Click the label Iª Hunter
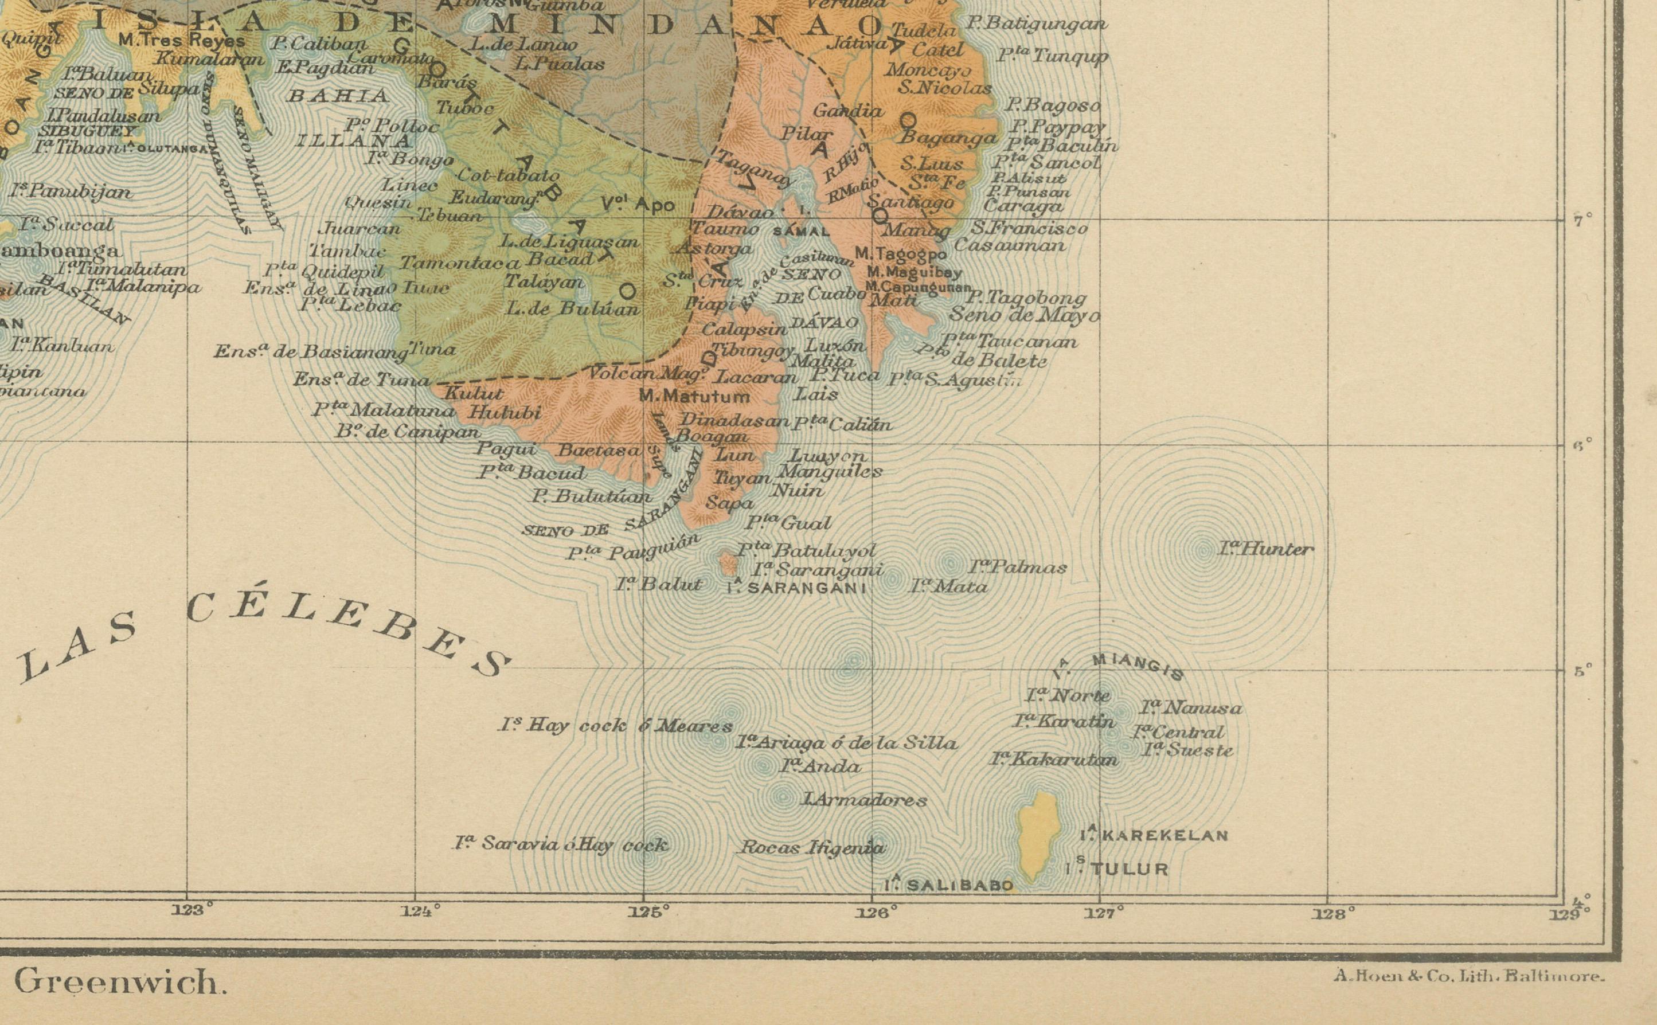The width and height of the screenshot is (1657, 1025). point(1265,549)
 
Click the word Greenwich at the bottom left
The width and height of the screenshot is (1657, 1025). point(120,981)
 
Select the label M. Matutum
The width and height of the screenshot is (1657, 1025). point(695,396)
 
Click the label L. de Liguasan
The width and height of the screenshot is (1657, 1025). point(569,241)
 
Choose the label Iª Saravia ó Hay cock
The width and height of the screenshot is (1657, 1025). point(561,844)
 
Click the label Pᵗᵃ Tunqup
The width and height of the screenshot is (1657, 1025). point(1052,56)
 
